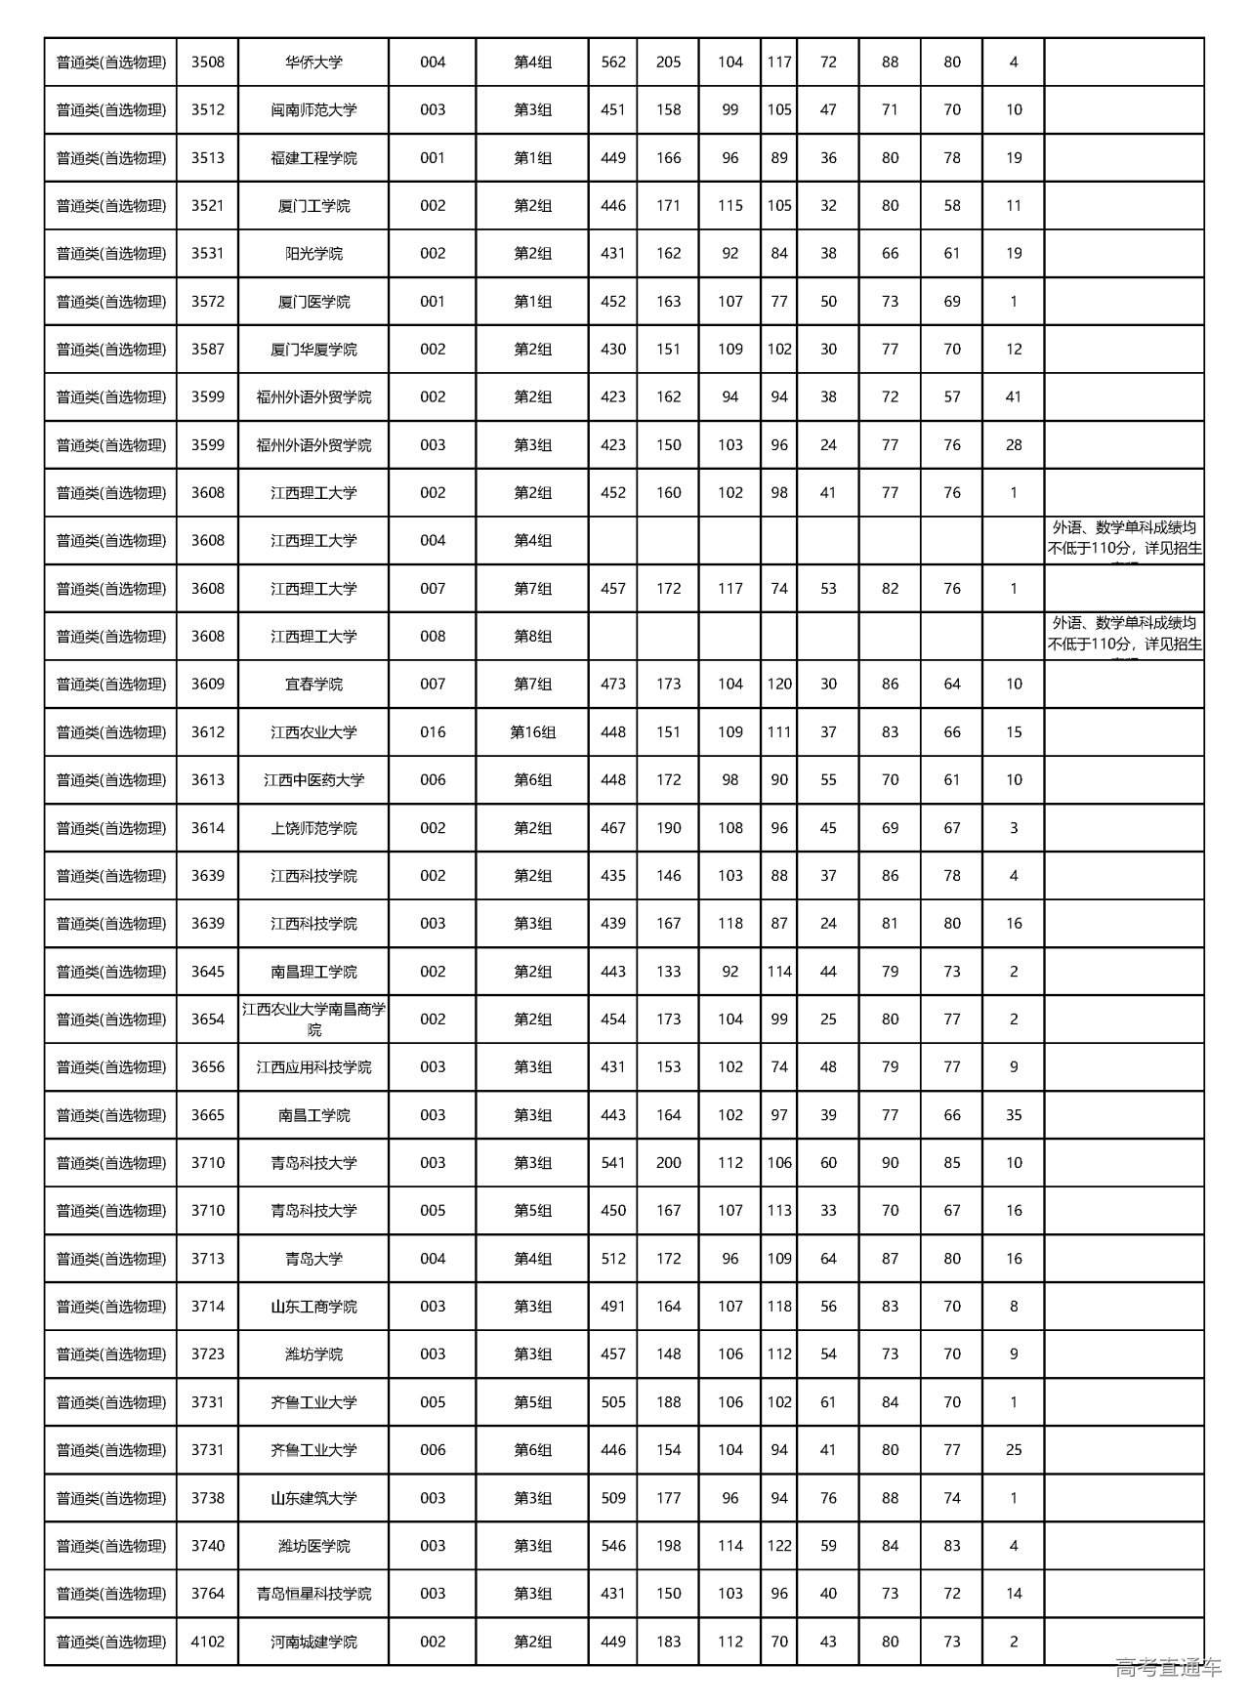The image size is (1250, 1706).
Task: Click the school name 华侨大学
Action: coord(313,62)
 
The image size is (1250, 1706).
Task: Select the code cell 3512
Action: coord(207,110)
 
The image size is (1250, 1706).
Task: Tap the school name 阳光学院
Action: coord(313,254)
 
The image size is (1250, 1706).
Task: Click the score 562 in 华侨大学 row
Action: coord(613,62)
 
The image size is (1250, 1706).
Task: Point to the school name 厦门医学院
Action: coord(313,302)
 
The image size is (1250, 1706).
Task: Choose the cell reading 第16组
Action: coord(532,732)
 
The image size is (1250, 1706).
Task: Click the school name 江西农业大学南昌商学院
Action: coord(313,1019)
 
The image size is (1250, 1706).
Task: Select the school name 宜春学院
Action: coord(313,685)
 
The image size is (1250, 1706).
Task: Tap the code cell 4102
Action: coord(207,1642)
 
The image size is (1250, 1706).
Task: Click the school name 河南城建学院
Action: coord(313,1642)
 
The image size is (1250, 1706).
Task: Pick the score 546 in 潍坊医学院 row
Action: coord(613,1546)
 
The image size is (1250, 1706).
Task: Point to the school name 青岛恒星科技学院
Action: coord(313,1594)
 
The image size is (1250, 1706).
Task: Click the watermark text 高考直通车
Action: coord(1168,1668)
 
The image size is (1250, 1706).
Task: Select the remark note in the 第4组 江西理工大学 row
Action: coord(1124,540)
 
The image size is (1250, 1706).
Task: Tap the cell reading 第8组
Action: coord(532,637)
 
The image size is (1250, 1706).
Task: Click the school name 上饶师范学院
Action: coord(313,828)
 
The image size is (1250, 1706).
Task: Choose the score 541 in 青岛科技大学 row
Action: coord(613,1163)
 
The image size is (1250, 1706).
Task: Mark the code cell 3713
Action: coord(207,1259)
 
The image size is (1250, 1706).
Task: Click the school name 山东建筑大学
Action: coord(313,1498)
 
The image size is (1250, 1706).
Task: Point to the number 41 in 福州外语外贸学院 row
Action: coord(1014,397)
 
